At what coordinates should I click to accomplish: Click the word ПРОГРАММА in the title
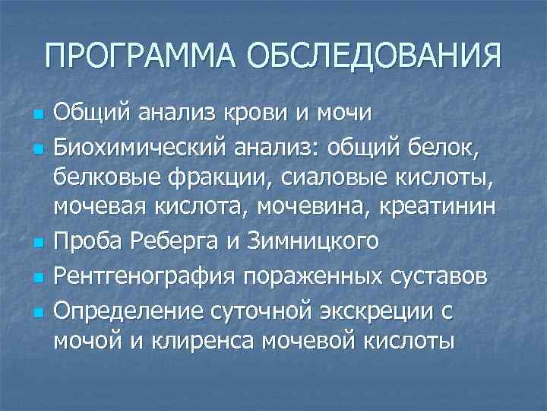[141, 56]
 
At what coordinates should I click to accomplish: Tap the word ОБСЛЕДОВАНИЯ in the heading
[374, 56]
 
